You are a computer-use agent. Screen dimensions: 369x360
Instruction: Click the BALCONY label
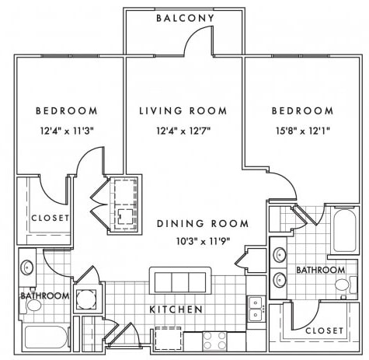tap(186, 18)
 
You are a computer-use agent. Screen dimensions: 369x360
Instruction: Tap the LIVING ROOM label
tap(183, 111)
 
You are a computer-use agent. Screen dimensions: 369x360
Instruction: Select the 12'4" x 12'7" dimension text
tap(183, 131)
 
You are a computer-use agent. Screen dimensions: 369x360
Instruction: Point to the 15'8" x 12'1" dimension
tap(302, 131)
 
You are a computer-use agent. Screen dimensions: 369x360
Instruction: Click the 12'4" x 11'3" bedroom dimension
tap(67, 131)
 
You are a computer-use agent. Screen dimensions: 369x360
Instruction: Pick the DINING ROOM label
tap(203, 223)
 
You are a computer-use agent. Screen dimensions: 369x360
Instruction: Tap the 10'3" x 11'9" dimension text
tap(203, 242)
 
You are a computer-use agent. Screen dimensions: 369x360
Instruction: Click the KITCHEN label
tap(176, 309)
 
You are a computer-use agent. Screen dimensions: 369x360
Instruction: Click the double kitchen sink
tap(256, 309)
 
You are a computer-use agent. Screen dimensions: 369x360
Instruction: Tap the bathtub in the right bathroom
tap(345, 230)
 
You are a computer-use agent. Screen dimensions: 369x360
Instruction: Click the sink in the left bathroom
tap(27, 267)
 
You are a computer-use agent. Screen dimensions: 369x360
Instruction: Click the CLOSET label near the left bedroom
tap(50, 218)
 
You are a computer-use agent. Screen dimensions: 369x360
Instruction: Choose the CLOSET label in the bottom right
tap(324, 330)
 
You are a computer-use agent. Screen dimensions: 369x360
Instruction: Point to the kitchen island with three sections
tap(180, 281)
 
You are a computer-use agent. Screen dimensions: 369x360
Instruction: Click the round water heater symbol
tap(86, 299)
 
